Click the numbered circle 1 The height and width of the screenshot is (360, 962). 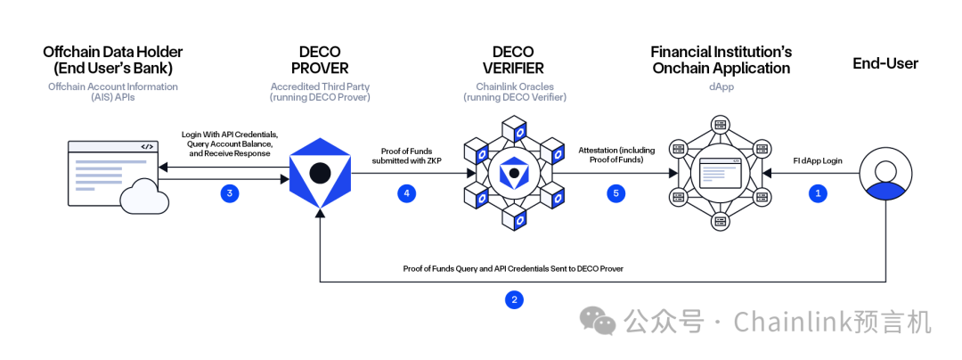click(818, 192)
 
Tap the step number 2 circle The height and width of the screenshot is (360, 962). click(513, 299)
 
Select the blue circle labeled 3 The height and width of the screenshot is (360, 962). click(231, 192)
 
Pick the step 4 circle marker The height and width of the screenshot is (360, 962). click(407, 192)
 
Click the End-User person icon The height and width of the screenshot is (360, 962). click(885, 173)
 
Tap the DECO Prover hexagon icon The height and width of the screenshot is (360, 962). click(320, 173)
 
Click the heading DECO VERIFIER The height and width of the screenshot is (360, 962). click(512, 60)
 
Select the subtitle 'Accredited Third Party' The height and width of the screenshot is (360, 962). click(321, 86)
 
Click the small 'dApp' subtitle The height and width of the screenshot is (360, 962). click(720, 86)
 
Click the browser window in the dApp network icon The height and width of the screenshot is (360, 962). click(720, 173)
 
